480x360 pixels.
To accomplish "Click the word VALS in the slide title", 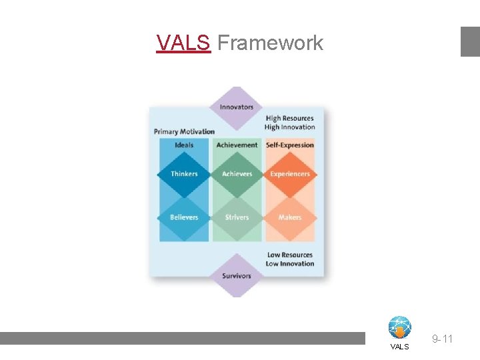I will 183,43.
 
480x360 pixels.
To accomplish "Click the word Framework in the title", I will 270,43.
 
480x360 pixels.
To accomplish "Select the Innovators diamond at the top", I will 237,107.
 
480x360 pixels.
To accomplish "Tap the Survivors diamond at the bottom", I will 237,275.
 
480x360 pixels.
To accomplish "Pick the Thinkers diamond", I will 184,174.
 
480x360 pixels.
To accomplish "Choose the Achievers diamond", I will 237,174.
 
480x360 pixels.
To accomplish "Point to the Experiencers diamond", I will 290,174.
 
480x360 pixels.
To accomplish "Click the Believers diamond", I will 184,217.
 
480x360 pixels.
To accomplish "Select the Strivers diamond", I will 237,217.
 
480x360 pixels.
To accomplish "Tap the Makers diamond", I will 290,217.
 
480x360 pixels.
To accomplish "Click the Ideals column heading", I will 184,145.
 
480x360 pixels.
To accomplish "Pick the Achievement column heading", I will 237,145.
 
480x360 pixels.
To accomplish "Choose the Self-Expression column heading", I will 290,145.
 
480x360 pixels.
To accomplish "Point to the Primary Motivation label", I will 184,131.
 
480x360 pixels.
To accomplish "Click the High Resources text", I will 289,119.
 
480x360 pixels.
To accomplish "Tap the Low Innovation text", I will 289,264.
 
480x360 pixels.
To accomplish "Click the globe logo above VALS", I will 400,327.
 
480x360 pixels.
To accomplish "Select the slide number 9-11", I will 442,339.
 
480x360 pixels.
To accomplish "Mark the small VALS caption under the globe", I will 400,347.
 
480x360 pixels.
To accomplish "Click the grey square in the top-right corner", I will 470,41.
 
